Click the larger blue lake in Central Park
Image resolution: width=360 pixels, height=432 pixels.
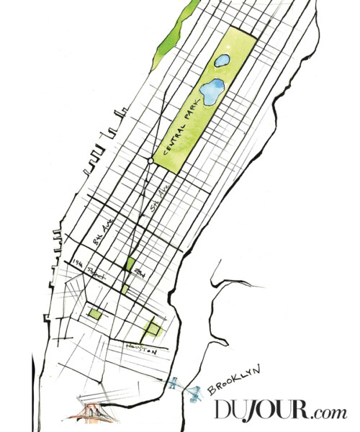212,91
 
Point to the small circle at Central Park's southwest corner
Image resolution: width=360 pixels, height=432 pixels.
150,162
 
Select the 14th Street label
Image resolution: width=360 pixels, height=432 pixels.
87,269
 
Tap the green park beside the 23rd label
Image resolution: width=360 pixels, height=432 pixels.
130,264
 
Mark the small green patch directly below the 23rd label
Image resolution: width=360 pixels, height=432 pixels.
125,289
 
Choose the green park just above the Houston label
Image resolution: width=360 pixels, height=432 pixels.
151,328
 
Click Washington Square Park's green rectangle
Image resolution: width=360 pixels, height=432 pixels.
94,313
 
